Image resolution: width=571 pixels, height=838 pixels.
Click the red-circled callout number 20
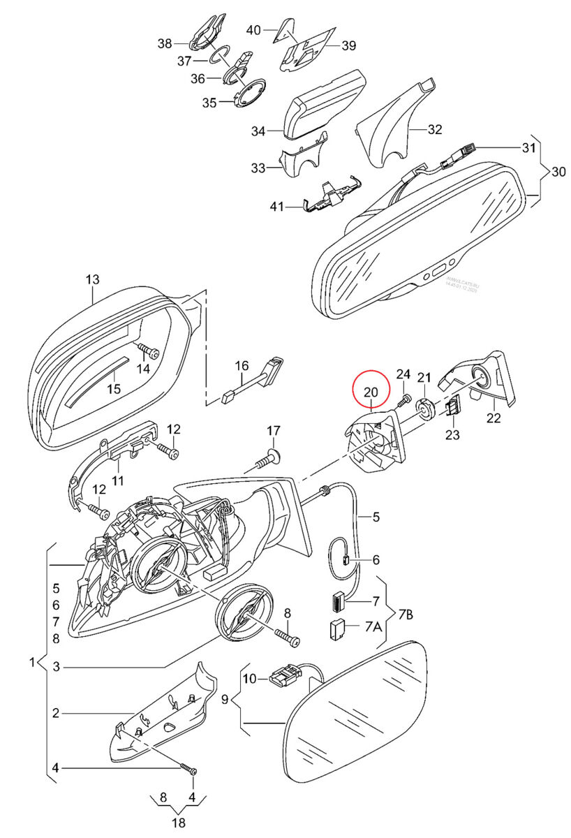pos(370,392)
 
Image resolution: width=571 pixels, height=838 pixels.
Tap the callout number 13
pos(93,280)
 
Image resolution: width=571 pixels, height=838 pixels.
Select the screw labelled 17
pos(267,460)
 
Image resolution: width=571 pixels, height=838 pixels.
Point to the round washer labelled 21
pos(423,409)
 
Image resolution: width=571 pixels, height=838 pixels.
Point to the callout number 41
pos(277,206)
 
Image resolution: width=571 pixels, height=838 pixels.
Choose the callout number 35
pos(209,103)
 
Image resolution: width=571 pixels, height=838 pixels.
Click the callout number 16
pos(242,365)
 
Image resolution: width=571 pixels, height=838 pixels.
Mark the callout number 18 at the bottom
pos(179,822)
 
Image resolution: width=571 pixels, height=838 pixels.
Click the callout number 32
pos(435,129)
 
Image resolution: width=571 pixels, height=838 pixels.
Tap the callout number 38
pos(164,43)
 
